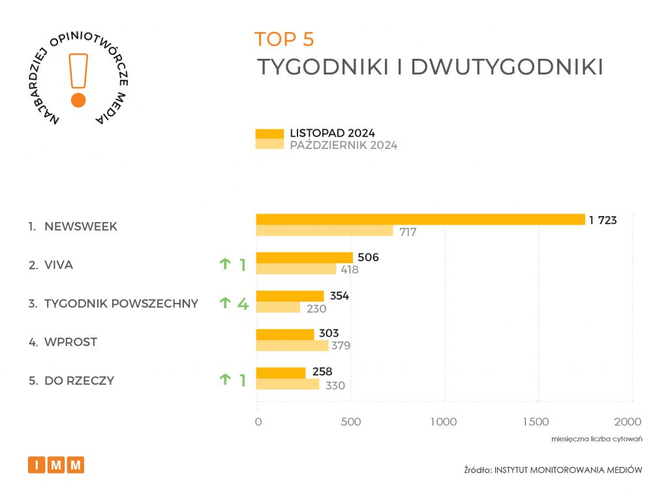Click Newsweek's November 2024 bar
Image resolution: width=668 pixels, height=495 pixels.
click(x=420, y=219)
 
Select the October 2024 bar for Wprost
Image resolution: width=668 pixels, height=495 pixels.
click(x=292, y=345)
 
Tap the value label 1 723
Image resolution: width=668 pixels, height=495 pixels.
click(x=603, y=220)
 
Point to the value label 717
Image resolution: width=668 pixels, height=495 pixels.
click(x=408, y=232)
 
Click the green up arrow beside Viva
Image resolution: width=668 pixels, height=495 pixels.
click(x=225, y=264)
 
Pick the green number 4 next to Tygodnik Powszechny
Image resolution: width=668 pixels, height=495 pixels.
click(x=243, y=303)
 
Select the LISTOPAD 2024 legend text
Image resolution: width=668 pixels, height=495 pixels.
click(x=332, y=134)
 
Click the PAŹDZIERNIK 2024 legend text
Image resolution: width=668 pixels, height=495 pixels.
click(x=343, y=145)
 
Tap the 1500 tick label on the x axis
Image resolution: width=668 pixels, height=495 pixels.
click(x=538, y=421)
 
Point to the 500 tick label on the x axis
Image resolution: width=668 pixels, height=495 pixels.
click(x=351, y=421)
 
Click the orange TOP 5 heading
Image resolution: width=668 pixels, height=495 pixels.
click(x=284, y=39)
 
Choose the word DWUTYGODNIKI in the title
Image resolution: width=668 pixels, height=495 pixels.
click(x=506, y=68)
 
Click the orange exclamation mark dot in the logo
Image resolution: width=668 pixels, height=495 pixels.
click(x=78, y=100)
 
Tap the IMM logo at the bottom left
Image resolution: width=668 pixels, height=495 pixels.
click(x=56, y=465)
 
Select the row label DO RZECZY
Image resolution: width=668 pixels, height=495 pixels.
click(x=79, y=380)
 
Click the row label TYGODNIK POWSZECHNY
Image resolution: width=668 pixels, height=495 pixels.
click(x=121, y=303)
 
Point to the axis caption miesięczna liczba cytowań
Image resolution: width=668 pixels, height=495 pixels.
click(x=597, y=438)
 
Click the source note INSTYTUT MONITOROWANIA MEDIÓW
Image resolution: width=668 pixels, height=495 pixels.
click(x=568, y=470)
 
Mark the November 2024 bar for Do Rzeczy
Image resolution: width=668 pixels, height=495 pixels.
click(x=281, y=372)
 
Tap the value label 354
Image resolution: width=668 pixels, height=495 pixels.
click(x=339, y=296)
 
